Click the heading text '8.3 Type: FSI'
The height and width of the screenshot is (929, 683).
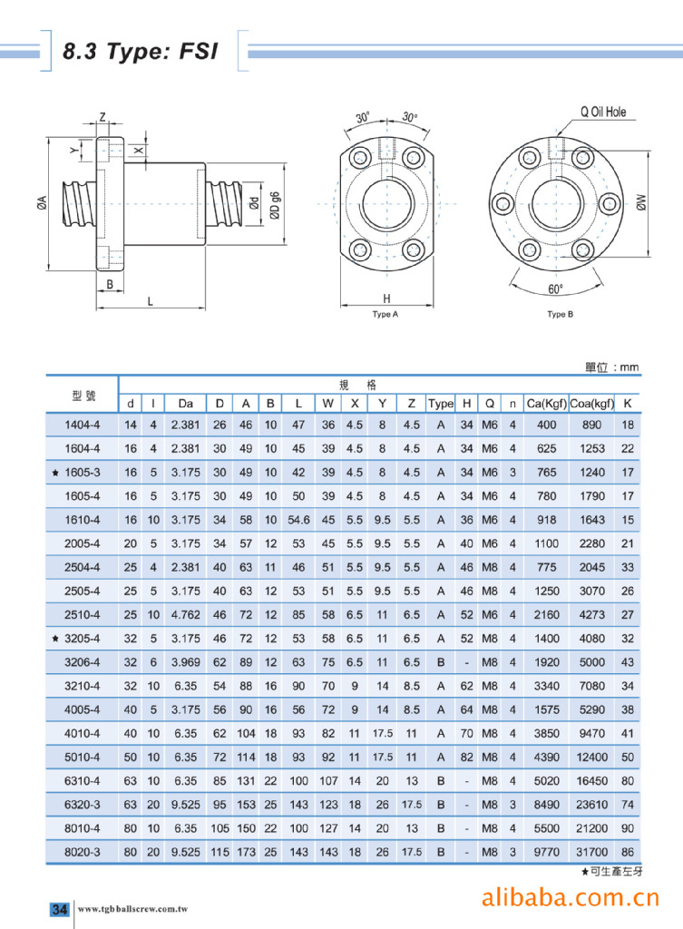[x=140, y=52]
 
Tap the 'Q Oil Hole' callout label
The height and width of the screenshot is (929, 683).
[x=602, y=113]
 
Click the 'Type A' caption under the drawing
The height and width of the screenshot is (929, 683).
[x=385, y=315]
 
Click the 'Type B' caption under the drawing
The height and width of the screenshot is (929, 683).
[x=561, y=315]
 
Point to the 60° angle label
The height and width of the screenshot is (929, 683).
[x=555, y=289]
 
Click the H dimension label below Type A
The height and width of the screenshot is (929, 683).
[x=385, y=298]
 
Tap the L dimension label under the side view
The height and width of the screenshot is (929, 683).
[x=150, y=301]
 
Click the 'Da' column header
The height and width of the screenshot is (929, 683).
[x=185, y=403]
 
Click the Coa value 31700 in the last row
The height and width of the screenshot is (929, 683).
[x=591, y=853]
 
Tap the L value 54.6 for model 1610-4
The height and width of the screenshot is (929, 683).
[x=298, y=520]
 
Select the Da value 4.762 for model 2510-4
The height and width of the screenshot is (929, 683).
[x=185, y=614]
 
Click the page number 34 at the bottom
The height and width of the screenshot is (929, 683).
[x=59, y=909]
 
